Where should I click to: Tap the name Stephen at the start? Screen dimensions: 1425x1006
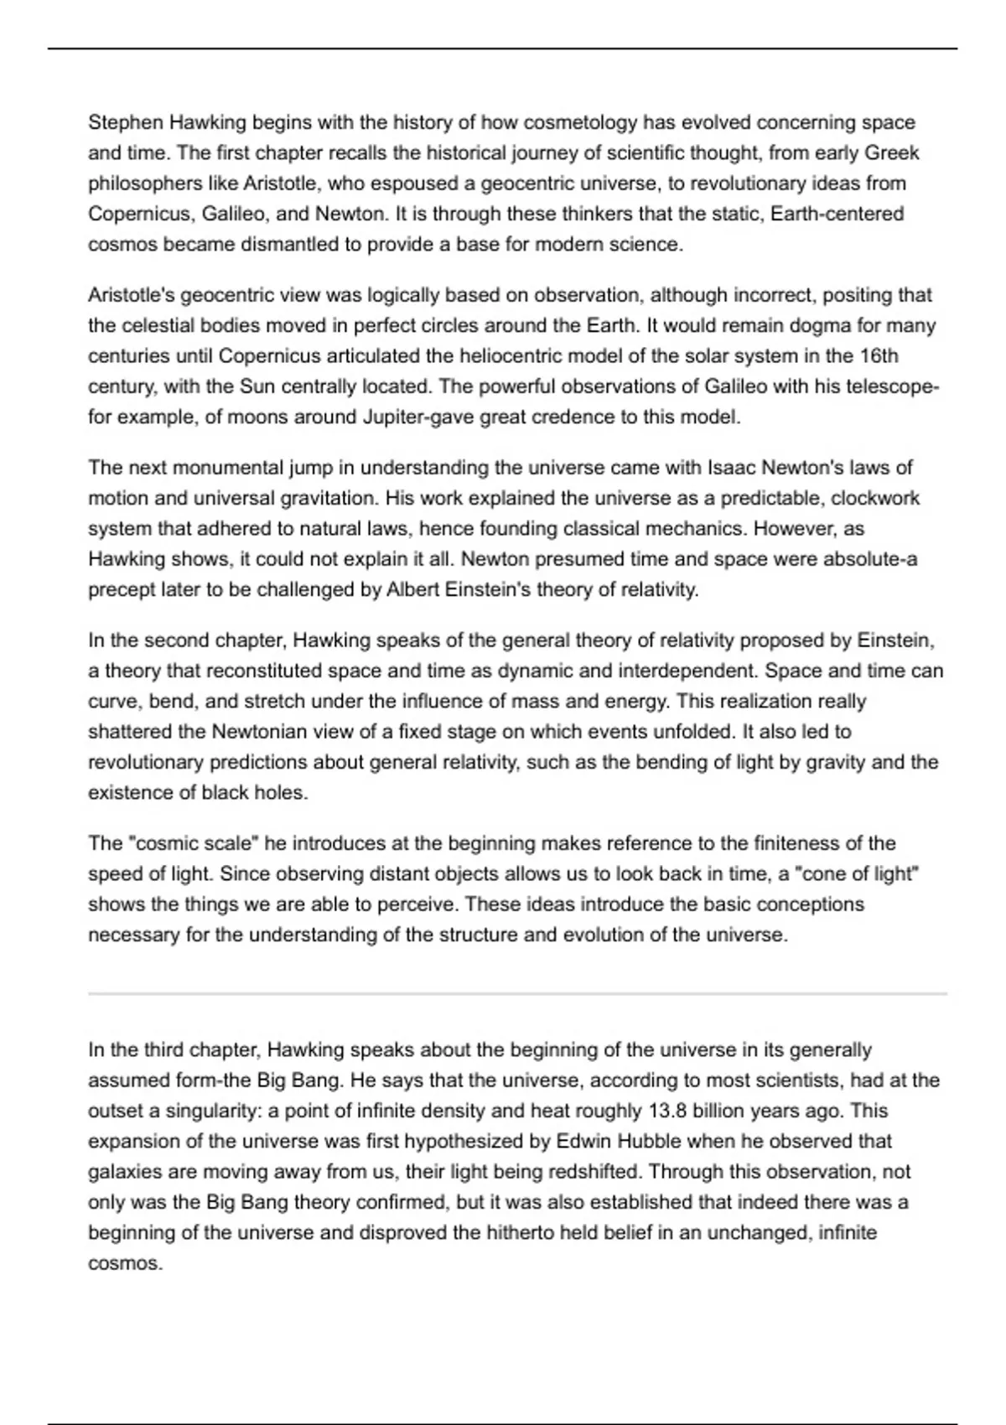(126, 122)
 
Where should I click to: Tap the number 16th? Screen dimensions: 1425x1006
(879, 355)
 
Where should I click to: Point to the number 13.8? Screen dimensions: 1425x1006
(669, 1111)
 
